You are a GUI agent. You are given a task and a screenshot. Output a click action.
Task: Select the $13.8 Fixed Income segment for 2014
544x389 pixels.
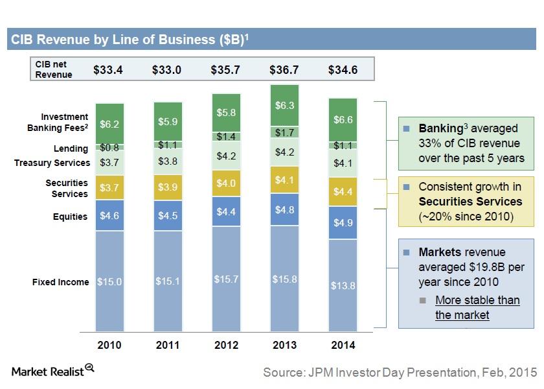pyautogui.click(x=343, y=286)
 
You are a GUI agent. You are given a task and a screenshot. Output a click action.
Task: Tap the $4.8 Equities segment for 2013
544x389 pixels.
pyautogui.click(x=284, y=210)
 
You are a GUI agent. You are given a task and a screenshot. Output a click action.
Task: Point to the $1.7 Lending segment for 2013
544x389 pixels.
pyautogui.click(x=284, y=133)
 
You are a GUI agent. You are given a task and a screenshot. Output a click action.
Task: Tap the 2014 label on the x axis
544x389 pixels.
pyautogui.click(x=343, y=346)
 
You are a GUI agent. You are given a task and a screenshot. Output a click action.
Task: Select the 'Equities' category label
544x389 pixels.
pyautogui.click(x=70, y=217)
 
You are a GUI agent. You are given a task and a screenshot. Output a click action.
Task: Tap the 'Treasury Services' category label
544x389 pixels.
pyautogui.click(x=51, y=163)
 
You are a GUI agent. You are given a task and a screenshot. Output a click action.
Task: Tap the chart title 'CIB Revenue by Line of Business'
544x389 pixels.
pyautogui.click(x=128, y=40)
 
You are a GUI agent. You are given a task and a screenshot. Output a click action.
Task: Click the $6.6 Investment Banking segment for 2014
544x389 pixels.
pyautogui.click(x=343, y=119)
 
